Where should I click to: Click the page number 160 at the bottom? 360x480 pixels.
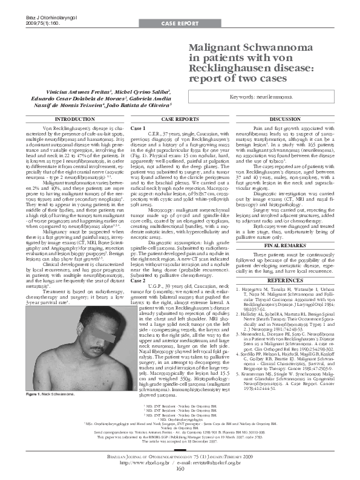(x=180, y=468)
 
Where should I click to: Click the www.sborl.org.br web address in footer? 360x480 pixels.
(x=142, y=462)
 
